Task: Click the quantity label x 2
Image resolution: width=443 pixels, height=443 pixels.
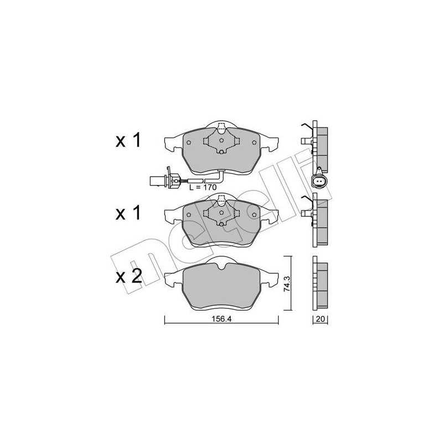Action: click(128, 276)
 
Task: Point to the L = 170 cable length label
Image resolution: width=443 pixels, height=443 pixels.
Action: click(202, 188)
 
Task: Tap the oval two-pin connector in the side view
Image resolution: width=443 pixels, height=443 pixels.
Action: click(320, 181)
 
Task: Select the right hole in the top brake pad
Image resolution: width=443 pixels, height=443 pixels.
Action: click(254, 143)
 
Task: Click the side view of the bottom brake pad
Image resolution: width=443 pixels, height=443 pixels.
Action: click(320, 285)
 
